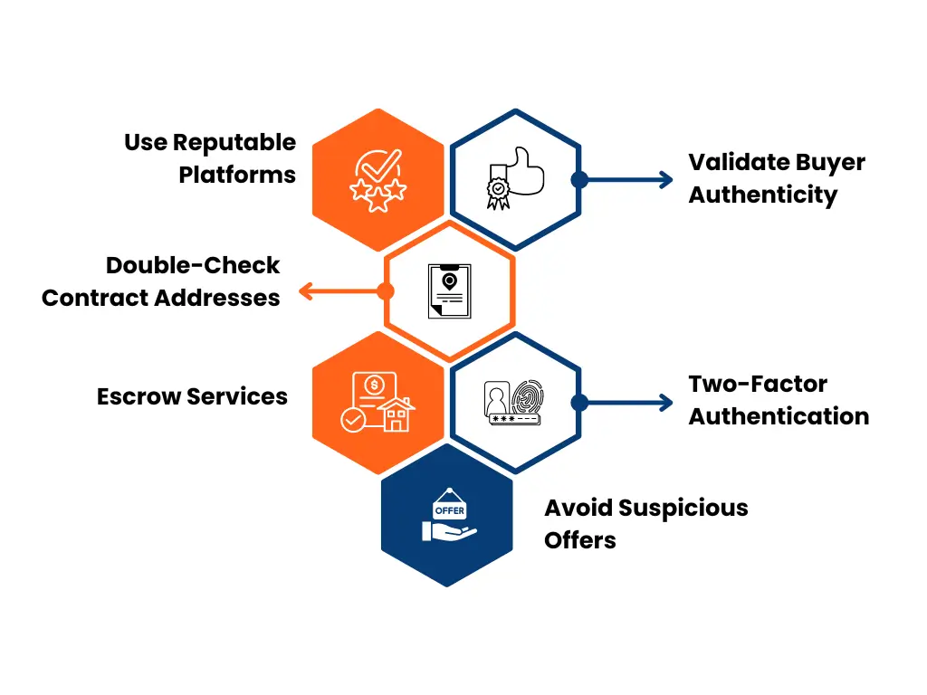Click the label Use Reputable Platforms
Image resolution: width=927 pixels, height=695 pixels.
[x=210, y=158]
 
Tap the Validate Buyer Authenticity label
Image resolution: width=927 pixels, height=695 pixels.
[x=776, y=179]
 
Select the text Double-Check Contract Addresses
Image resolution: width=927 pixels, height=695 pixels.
[x=161, y=281]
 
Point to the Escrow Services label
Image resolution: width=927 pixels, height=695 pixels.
[x=192, y=396]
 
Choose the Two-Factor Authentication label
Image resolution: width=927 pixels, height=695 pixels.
[x=778, y=400]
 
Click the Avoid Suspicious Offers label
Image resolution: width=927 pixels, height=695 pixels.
[x=645, y=524]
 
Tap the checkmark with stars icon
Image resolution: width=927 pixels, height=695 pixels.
[x=378, y=180]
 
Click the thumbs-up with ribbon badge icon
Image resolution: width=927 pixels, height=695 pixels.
[x=514, y=178]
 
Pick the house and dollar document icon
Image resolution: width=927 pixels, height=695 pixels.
[x=377, y=403]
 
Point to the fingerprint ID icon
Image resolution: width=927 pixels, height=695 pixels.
[x=513, y=402]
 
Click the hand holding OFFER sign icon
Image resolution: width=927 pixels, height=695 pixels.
[x=449, y=517]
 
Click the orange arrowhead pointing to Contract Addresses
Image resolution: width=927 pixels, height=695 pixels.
[x=305, y=291]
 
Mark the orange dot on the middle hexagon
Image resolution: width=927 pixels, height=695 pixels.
[x=386, y=291]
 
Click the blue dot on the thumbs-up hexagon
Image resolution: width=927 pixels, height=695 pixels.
[x=579, y=179]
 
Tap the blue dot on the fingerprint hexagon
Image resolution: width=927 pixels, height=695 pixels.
[x=579, y=403]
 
